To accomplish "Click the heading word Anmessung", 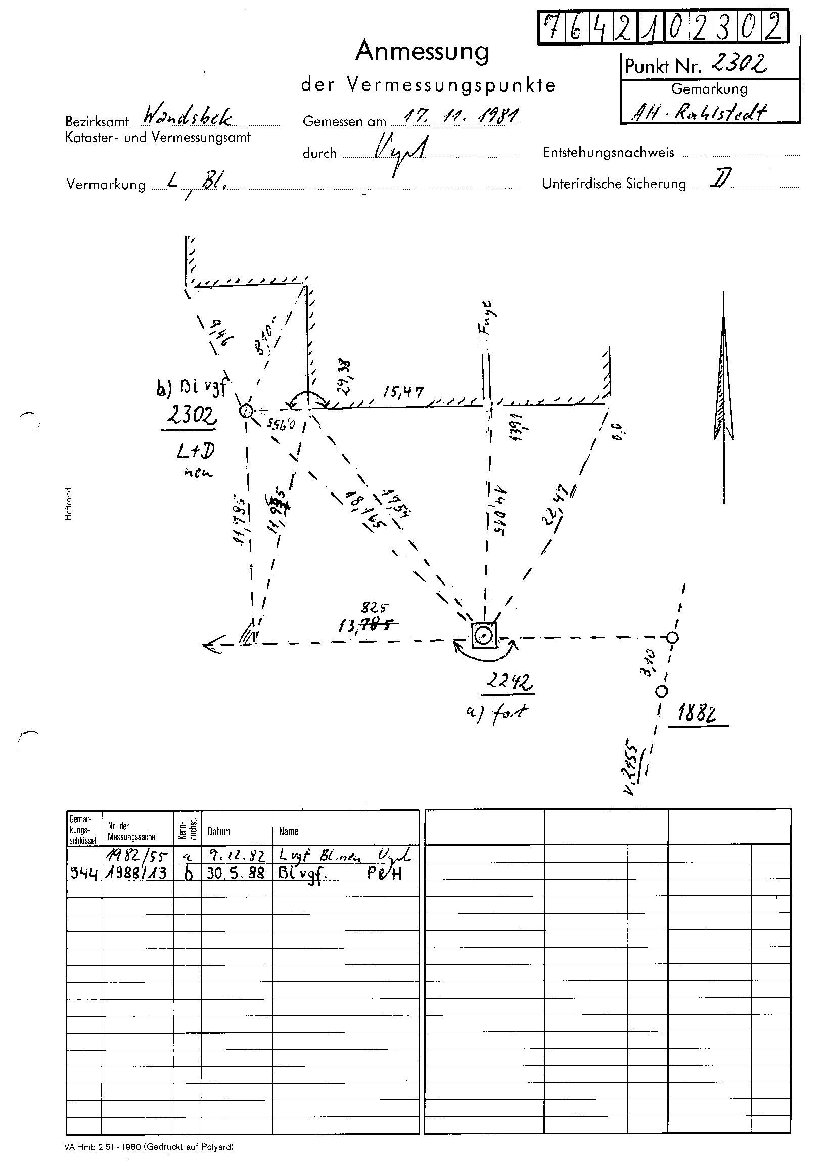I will [x=422, y=52].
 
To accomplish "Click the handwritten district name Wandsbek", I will [x=187, y=117].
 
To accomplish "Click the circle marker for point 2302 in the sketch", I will [x=246, y=411].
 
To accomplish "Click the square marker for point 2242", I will [x=484, y=636].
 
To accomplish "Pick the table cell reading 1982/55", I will [x=136, y=856].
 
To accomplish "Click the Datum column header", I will [x=219, y=831].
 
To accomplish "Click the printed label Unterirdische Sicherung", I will [x=614, y=184].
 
